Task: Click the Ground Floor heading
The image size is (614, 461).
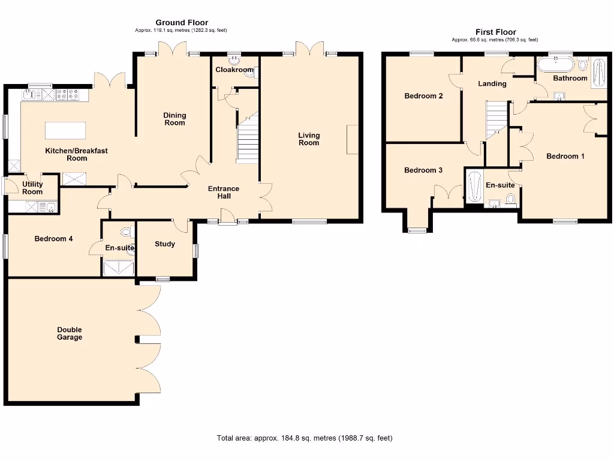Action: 182,23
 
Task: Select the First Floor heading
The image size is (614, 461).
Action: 495,32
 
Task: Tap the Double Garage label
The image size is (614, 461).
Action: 70,334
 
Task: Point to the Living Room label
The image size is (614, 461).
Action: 309,139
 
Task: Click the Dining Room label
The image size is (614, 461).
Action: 175,119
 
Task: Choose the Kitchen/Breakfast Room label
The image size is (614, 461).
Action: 77,154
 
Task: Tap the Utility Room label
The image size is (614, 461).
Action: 32,188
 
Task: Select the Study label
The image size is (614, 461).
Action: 165,244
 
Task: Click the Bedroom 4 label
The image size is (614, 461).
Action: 53,239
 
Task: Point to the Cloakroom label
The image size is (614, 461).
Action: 234,70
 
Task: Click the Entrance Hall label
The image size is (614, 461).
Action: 224,192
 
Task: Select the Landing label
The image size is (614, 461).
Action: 492,83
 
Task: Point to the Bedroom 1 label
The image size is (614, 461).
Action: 565,156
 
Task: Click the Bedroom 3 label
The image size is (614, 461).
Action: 423,170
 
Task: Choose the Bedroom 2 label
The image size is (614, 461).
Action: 423,96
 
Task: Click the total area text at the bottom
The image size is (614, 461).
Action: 305,438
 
